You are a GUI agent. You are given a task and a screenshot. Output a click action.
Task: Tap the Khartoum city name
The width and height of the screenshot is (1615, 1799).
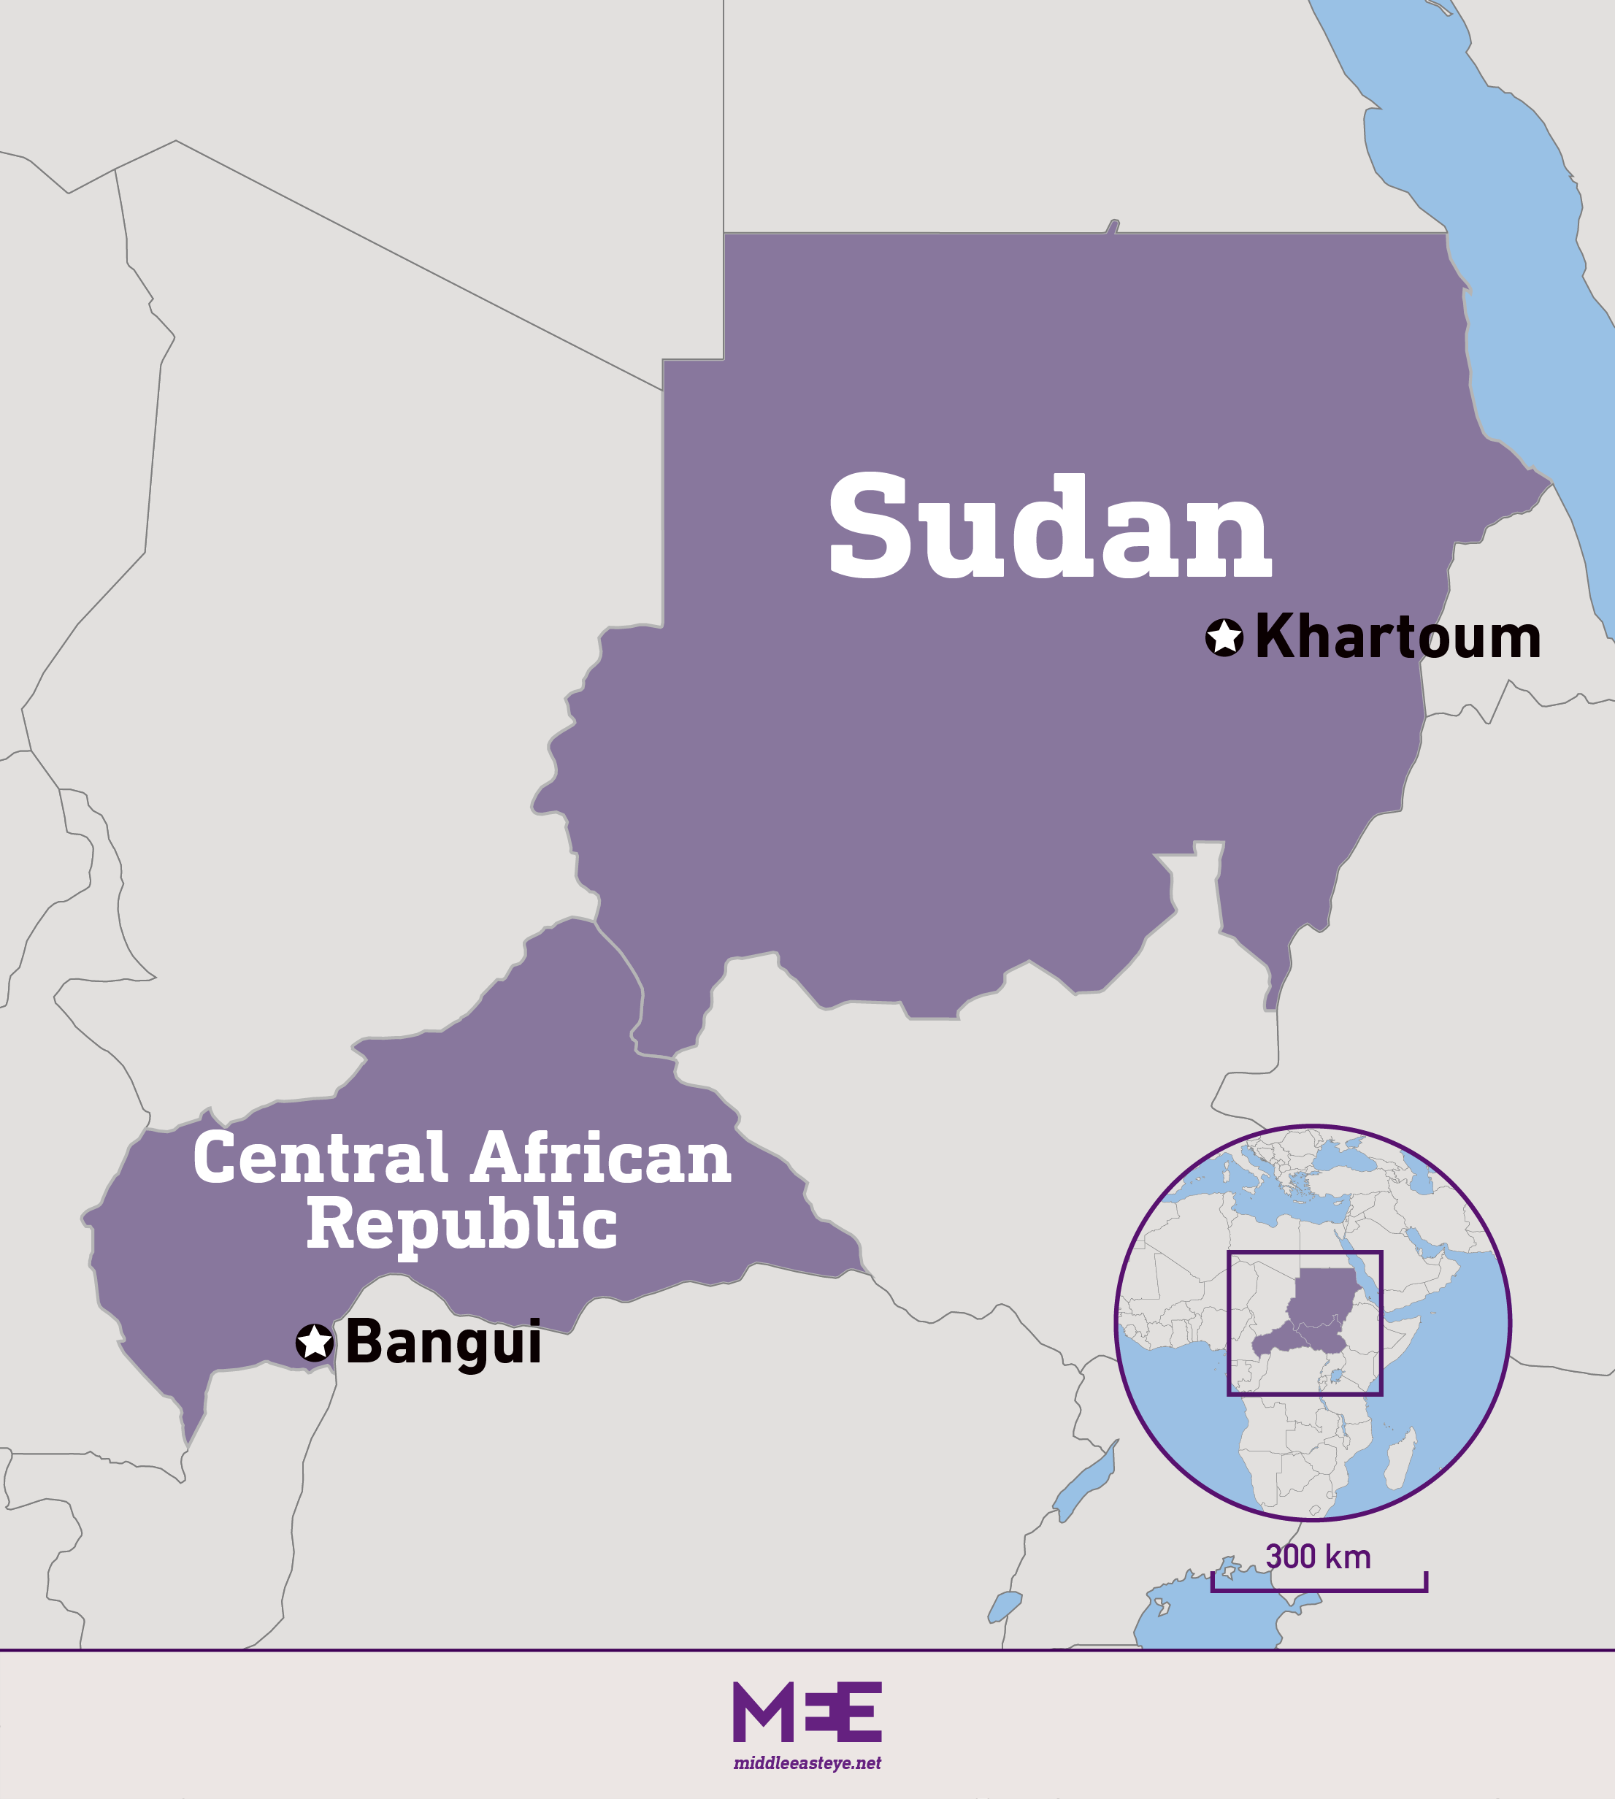pos(1397,637)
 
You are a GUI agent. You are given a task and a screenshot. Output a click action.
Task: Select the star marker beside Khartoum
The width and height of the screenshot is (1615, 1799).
pos(1224,637)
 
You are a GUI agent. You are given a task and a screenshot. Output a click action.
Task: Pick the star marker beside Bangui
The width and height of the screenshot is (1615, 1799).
pos(315,1343)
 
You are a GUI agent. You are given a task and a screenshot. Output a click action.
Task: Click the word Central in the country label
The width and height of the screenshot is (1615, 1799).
pos(321,1159)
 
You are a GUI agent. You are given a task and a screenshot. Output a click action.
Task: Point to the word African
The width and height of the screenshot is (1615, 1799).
pos(602,1159)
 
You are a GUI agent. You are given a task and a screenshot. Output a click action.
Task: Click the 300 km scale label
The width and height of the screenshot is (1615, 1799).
pos(1318,1557)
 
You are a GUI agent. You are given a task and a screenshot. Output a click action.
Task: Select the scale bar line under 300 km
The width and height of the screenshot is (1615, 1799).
pos(1319,1589)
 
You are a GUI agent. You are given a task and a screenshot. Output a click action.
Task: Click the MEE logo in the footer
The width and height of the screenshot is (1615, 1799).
pos(807,1712)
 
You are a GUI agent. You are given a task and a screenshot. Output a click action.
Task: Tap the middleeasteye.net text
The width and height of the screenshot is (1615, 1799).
pos(807,1763)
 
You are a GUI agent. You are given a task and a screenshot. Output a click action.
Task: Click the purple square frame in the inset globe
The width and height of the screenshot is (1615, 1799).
pos(1229,1322)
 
